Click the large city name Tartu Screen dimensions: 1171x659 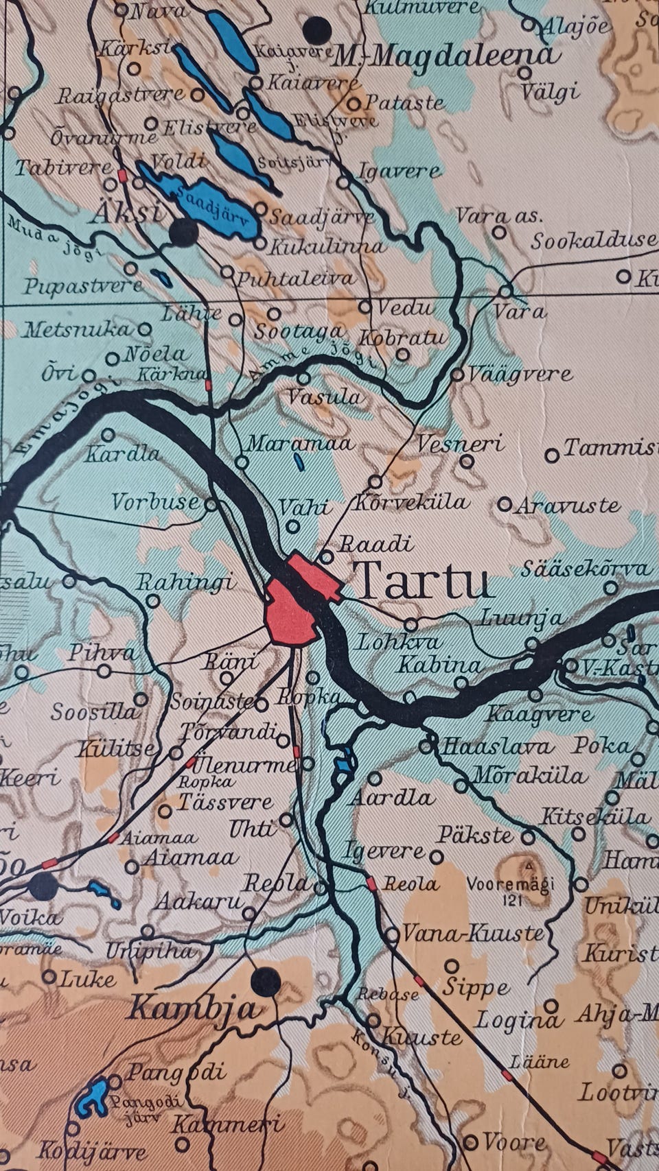[x=424, y=580]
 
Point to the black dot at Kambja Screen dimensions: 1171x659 [x=266, y=982]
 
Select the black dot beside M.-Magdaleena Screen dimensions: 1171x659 [x=318, y=29]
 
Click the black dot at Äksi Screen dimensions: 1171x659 [x=183, y=233]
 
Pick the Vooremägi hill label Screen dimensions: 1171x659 [x=511, y=884]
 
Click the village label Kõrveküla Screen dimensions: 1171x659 [x=412, y=502]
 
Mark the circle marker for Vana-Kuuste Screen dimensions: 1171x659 [x=391, y=934]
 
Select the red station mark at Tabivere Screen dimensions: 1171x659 [x=123, y=175]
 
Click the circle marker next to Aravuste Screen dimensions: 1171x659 [x=505, y=505]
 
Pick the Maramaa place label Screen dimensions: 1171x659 [x=299, y=443]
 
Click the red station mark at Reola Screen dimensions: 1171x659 [x=371, y=884]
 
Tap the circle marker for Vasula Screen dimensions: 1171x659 [x=303, y=379]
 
